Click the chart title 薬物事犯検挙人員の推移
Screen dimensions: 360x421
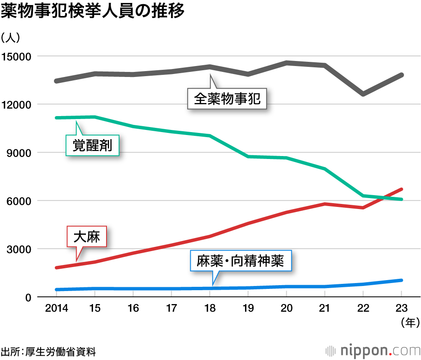pos(93,11)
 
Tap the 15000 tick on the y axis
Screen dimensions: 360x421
pos(16,56)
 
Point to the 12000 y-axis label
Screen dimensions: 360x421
pos(16,104)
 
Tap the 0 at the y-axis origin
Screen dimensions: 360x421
pos(28,297)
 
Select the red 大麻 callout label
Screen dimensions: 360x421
pos(86,237)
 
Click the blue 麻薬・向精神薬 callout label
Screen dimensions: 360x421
pos(240,262)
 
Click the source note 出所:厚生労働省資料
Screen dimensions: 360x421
pos(48,351)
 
